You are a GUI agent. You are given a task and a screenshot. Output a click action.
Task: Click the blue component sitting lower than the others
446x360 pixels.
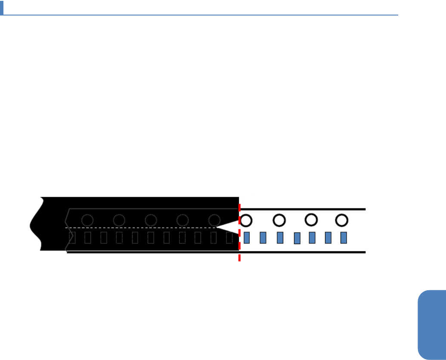(297, 238)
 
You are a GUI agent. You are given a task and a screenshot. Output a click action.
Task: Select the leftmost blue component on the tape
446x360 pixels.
(247, 237)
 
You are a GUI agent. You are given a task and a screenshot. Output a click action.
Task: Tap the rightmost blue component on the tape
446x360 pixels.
(344, 237)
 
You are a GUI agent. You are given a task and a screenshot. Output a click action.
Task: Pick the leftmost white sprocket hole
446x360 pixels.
(246, 221)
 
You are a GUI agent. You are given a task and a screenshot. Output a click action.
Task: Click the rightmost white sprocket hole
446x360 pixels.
(342, 220)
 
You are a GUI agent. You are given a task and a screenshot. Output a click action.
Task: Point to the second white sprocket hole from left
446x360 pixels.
(279, 220)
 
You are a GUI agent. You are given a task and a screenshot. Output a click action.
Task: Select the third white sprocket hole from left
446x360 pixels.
(311, 220)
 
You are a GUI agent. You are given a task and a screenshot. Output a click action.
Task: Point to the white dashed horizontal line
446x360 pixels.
(142, 227)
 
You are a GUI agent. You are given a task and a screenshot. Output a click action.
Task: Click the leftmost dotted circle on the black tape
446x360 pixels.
(87, 220)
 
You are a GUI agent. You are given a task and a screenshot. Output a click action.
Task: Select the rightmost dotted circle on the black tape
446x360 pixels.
(214, 220)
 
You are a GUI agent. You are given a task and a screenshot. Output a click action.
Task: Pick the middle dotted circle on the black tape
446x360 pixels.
(151, 220)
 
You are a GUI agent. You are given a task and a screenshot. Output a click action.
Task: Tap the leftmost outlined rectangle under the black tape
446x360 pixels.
(72, 237)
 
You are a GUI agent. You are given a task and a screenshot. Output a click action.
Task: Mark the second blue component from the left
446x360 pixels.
(263, 237)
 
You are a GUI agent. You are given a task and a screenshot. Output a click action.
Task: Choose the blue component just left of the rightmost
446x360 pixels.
(328, 237)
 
